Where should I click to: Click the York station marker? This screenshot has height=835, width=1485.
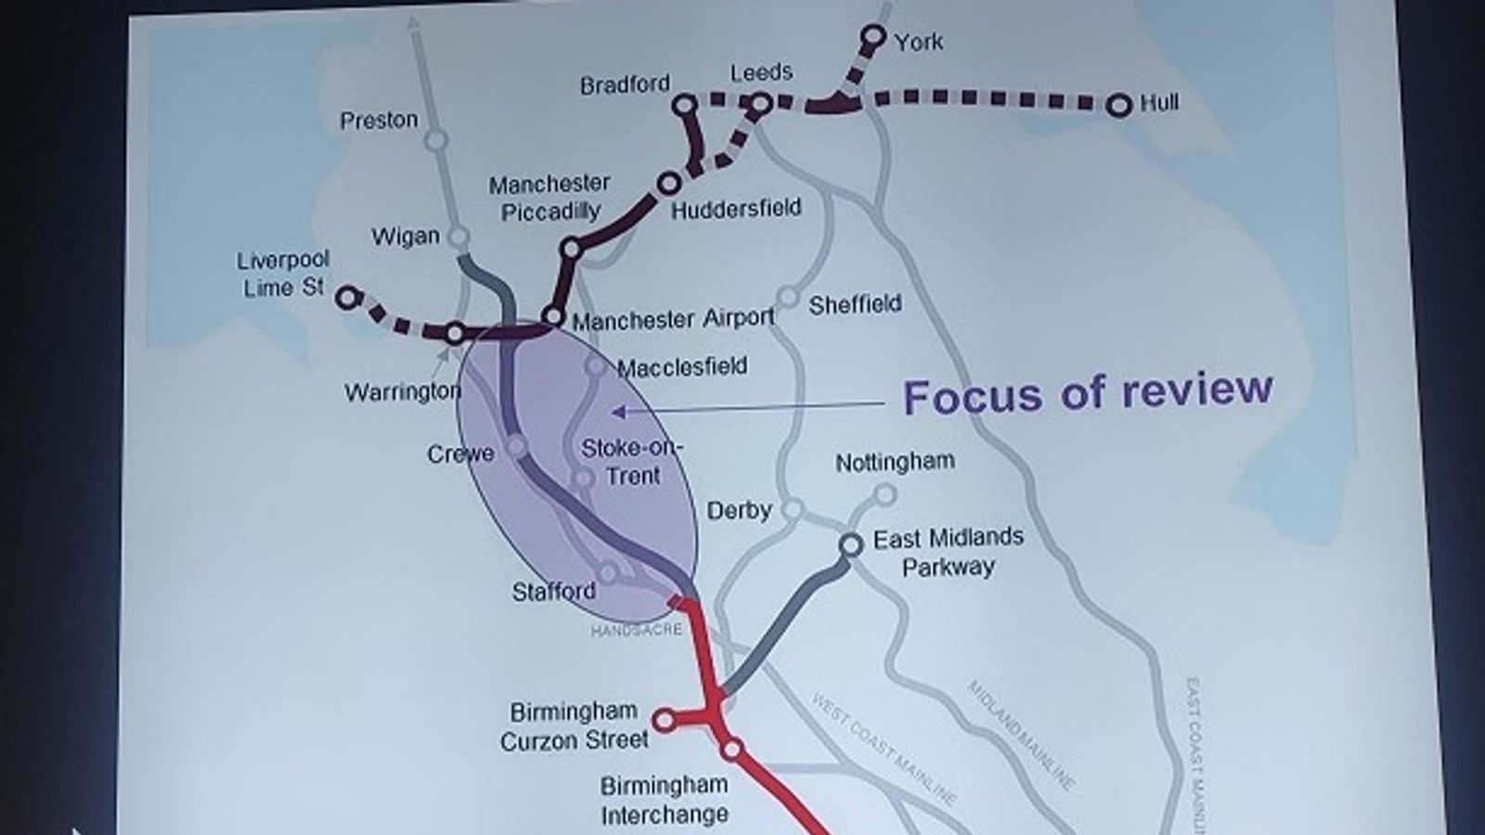pyautogui.click(x=872, y=37)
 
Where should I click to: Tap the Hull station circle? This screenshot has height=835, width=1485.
pyautogui.click(x=1120, y=105)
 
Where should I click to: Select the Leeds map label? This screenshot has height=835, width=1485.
pyautogui.click(x=761, y=72)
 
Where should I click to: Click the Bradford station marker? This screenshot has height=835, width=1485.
pyautogui.click(x=684, y=105)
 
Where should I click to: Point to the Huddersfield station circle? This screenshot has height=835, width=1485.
pyautogui.click(x=668, y=183)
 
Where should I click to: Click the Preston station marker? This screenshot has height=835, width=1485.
pyautogui.click(x=436, y=141)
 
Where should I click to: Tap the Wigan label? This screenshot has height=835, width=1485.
pyautogui.click(x=406, y=237)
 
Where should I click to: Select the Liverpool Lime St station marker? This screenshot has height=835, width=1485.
pyautogui.click(x=347, y=297)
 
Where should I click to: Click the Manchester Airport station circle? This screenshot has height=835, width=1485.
pyautogui.click(x=552, y=316)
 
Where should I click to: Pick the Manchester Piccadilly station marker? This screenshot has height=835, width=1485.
pyautogui.click(x=572, y=249)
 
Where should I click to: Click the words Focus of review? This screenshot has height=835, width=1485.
pyautogui.click(x=1088, y=393)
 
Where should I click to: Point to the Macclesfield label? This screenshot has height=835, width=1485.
pyautogui.click(x=682, y=367)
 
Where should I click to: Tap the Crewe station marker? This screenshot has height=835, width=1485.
pyautogui.click(x=516, y=446)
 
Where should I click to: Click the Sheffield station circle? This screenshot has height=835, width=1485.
pyautogui.click(x=787, y=297)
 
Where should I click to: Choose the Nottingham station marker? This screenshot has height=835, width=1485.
pyautogui.click(x=885, y=494)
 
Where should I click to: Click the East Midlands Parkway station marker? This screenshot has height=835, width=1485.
pyautogui.click(x=851, y=545)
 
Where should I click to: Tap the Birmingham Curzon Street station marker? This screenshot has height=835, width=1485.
pyautogui.click(x=664, y=720)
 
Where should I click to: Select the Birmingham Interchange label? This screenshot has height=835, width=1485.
pyautogui.click(x=664, y=801)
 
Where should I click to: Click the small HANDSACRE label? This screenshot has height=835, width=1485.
pyautogui.click(x=637, y=630)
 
